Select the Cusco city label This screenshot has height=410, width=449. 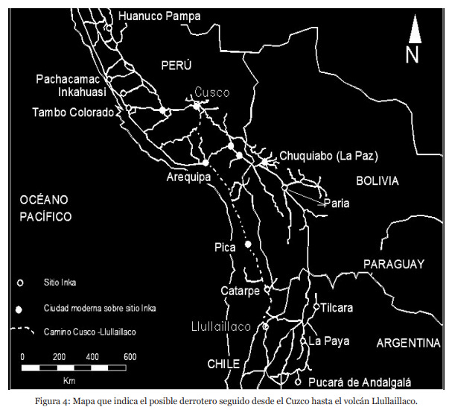point(212,92)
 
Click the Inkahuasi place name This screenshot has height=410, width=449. point(82,92)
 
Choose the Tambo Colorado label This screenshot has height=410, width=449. point(72,113)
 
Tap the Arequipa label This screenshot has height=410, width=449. point(189,177)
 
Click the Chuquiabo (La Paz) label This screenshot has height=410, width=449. point(329,157)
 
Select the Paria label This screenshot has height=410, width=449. point(336,203)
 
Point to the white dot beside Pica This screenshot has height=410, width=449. point(247,245)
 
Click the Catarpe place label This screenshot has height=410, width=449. point(241,290)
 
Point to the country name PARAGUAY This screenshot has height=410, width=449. point(393,264)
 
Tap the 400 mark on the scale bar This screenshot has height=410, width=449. point(94,357)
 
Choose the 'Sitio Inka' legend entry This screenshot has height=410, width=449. point(61,283)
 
